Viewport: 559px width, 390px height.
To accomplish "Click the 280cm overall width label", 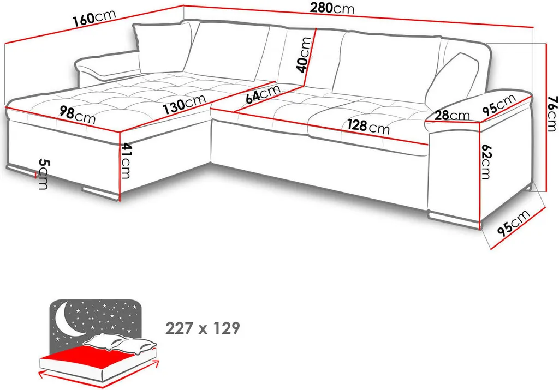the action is [x=332, y=8].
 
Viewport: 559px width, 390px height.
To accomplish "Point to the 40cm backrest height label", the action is [x=305, y=55].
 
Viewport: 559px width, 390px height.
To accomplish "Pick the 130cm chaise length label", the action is [x=185, y=104].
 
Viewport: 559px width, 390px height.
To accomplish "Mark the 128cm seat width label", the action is [x=368, y=126].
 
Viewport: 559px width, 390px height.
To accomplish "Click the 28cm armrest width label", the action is [x=453, y=115].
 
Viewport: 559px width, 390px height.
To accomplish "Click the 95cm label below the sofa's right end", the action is [x=514, y=223].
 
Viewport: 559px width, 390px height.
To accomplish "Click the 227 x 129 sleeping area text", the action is [x=203, y=328].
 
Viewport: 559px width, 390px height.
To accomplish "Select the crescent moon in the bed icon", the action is [x=68, y=320].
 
